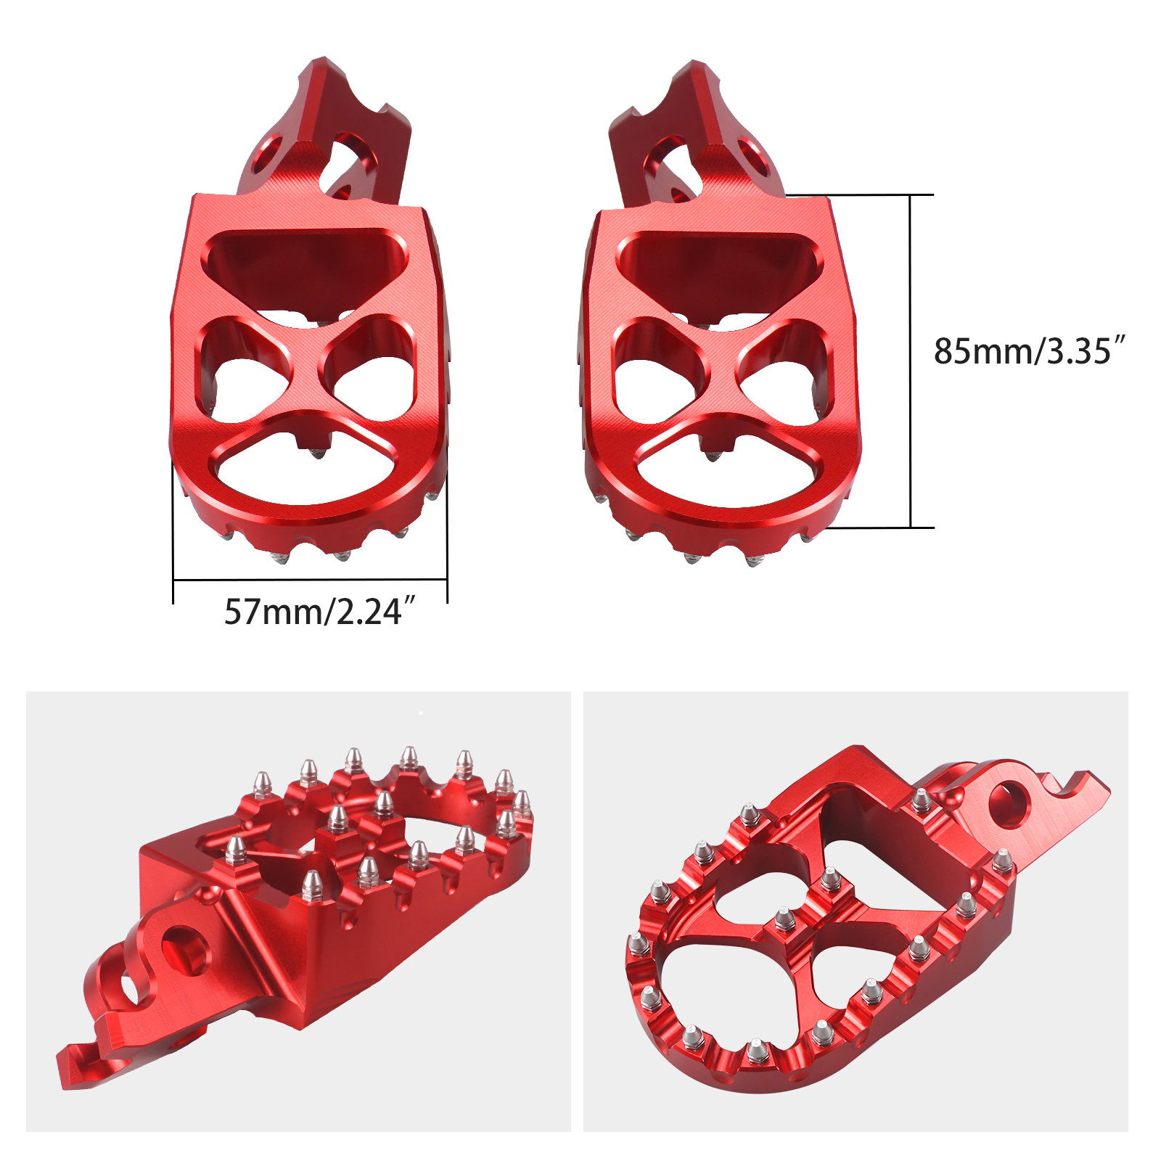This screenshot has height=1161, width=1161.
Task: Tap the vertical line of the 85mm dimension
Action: [x=910, y=363]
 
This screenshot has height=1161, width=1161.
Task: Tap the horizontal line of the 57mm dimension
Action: [x=310, y=579]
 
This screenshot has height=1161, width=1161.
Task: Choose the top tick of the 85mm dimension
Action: [x=910, y=194]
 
